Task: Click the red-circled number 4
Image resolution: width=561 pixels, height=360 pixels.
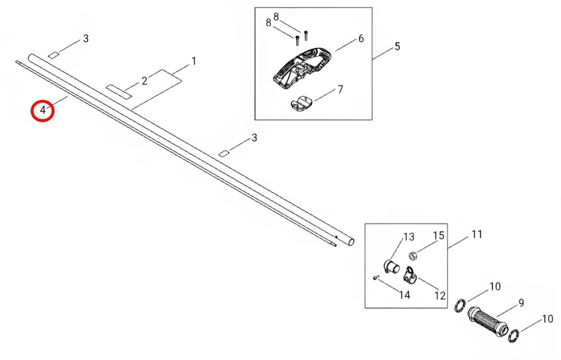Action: (43, 110)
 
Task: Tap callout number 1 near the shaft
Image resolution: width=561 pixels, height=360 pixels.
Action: (194, 61)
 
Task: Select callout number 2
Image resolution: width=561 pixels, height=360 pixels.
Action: (144, 81)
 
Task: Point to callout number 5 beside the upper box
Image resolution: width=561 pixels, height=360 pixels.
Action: (397, 47)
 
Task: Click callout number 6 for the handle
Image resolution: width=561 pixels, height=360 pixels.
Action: (361, 39)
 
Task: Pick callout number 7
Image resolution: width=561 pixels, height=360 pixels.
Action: (340, 89)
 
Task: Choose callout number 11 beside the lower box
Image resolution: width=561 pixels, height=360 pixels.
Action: (477, 234)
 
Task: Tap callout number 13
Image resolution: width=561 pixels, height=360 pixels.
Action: (409, 237)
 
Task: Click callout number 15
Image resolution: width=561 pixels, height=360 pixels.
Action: (439, 235)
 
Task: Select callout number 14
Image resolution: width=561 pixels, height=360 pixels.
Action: (405, 295)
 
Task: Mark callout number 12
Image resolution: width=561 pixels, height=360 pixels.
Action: (439, 296)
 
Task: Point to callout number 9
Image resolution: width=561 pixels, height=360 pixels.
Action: (521, 303)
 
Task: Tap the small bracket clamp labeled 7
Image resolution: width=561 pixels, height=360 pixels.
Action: (301, 103)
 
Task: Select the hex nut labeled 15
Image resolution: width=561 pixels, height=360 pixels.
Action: (413, 255)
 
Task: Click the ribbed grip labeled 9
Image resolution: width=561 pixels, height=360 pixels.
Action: (487, 320)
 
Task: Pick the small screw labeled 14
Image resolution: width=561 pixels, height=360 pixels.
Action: (376, 277)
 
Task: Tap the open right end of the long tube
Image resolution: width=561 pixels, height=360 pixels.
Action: (352, 242)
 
